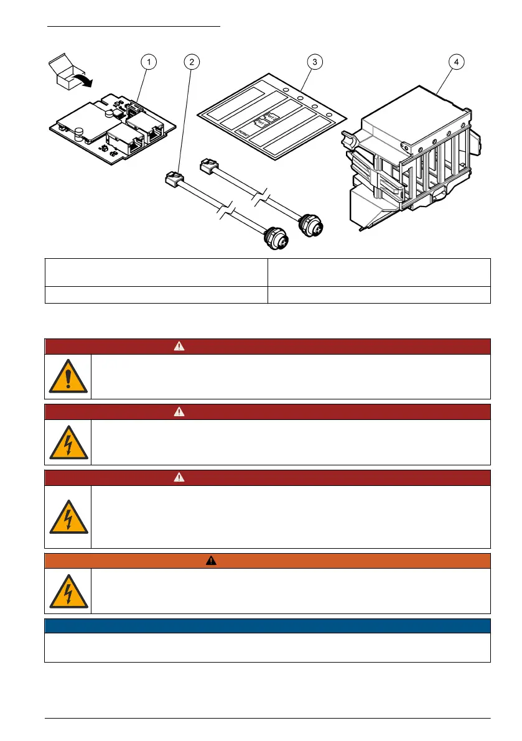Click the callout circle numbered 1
(148, 62)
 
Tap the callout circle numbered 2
(192, 62)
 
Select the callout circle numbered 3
(315, 62)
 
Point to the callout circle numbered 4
(457, 62)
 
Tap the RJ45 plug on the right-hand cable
(207, 165)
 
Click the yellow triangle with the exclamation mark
(68, 376)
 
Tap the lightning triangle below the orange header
(68, 591)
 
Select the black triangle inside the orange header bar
(212, 561)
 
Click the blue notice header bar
(268, 625)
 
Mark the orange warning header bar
(268, 561)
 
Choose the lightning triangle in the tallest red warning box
(68, 516)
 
